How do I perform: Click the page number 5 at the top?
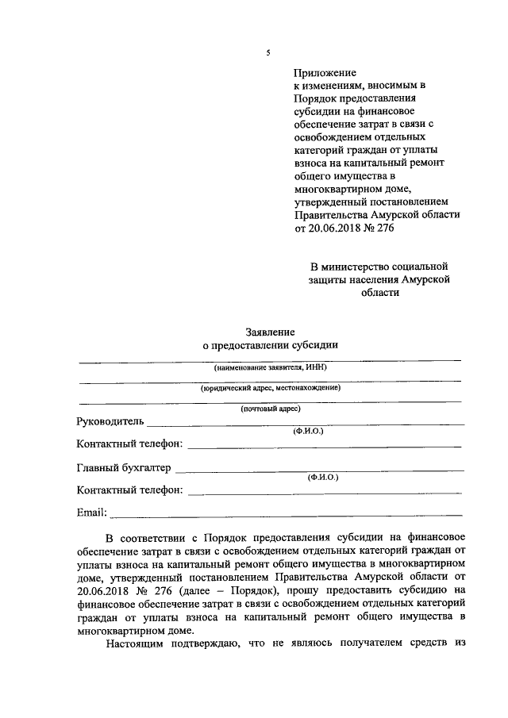coord(267,53)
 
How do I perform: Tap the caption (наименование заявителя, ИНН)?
coord(270,368)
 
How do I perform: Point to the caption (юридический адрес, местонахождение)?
coord(270,388)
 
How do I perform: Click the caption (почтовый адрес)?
coord(270,409)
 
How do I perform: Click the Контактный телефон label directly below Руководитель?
coord(129,443)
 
